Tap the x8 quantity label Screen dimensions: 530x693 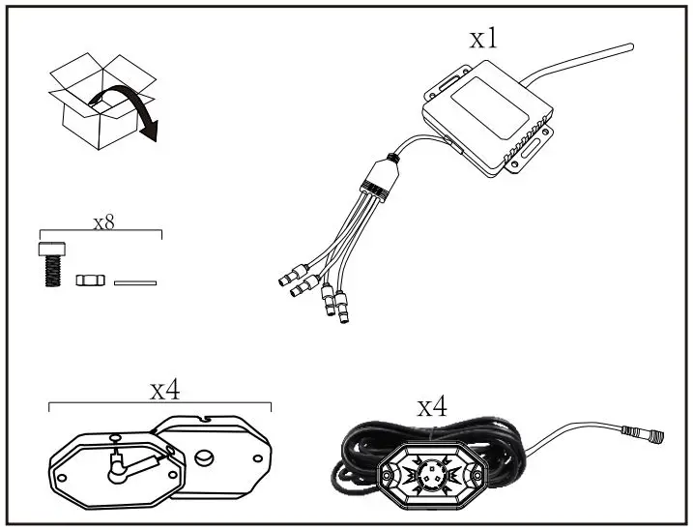103,221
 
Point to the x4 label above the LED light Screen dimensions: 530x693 432,406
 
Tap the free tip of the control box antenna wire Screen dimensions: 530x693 630,44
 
